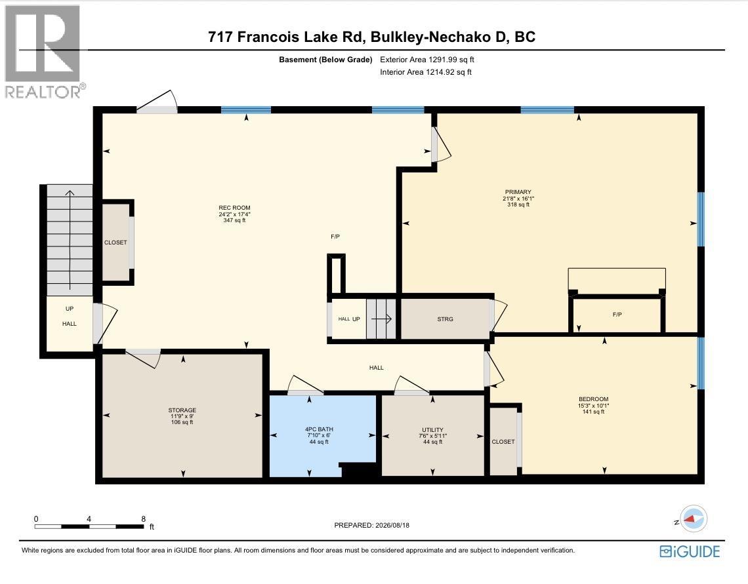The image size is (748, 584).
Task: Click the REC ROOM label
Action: coord(234,208)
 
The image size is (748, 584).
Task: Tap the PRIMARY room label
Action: coord(518,192)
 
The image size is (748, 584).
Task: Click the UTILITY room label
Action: coord(432,430)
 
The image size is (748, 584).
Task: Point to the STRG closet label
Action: coord(445,319)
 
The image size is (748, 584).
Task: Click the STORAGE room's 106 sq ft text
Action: coord(182,422)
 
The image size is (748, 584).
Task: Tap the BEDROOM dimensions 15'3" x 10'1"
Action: coord(593,405)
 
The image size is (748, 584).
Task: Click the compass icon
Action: coord(693,518)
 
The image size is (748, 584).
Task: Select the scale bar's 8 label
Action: coord(143,518)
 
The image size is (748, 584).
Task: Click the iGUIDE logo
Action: coord(690,552)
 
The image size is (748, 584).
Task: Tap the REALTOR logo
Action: coord(43,51)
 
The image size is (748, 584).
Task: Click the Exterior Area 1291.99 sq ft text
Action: coord(427,60)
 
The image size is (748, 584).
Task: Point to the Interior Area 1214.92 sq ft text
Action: coord(426,72)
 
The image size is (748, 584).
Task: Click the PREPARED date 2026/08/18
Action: coord(392,525)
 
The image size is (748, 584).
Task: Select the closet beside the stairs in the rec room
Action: coord(116,243)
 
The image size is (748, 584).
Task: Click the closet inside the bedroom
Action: coord(503,442)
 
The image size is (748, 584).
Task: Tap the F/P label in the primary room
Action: coord(617,315)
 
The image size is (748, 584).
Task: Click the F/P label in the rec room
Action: coord(335,236)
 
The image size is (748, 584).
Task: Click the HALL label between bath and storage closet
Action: coord(377,368)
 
